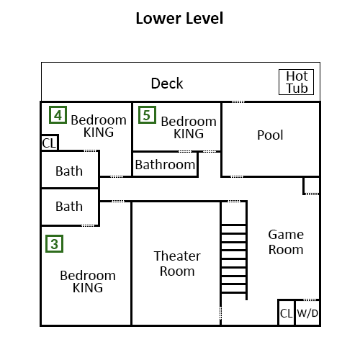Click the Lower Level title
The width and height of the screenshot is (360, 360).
tap(179, 19)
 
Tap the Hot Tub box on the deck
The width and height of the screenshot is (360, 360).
tap(296, 82)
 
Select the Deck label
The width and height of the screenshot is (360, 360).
tap(167, 84)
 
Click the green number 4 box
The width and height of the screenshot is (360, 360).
tap(58, 115)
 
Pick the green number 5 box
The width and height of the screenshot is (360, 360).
tap(147, 115)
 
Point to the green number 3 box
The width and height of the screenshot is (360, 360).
tap(54, 244)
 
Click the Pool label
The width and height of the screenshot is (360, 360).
tap(270, 135)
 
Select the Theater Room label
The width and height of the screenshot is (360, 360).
tap(177, 264)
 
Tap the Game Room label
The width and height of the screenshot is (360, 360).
tap(286, 242)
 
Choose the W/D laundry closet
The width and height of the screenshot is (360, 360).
tap(307, 312)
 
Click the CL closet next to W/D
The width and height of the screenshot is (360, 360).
tap(287, 312)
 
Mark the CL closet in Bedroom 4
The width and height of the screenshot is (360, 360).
tap(50, 143)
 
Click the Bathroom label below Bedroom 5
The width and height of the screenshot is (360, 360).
tap(165, 165)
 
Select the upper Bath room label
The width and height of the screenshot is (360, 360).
tap(69, 171)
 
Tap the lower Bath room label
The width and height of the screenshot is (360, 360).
tap(69, 207)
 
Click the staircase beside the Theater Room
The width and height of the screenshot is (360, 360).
tap(234, 251)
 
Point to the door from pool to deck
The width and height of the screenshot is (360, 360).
tap(238, 102)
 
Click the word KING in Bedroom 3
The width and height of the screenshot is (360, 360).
tap(88, 288)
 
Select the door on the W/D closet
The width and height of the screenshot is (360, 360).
tap(310, 300)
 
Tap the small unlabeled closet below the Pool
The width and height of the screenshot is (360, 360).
tap(311, 185)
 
